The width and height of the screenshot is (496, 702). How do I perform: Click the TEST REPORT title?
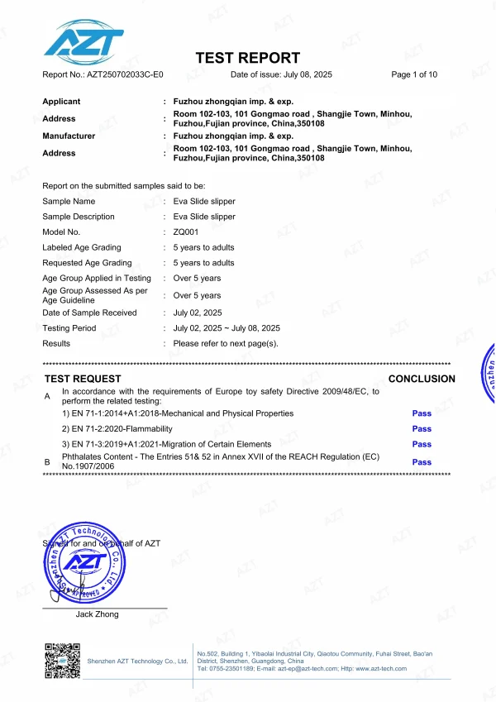point(247,58)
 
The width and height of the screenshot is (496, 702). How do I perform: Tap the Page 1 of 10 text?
point(413,75)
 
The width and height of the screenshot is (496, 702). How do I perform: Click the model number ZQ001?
point(185,232)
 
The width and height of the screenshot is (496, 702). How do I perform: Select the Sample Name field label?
point(69,202)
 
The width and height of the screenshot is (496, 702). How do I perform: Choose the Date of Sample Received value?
point(198,313)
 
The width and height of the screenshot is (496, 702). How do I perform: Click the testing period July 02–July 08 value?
point(227,328)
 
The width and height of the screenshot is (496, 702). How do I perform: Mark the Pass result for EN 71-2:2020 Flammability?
point(422,429)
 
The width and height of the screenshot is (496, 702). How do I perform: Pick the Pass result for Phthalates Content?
point(422,463)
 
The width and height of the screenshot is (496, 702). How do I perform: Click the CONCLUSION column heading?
point(422,380)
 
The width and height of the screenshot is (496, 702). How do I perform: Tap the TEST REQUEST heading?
point(83,380)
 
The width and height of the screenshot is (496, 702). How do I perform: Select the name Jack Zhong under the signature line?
point(98,614)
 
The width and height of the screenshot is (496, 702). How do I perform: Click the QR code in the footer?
point(62,661)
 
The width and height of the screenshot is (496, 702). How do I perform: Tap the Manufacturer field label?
point(69,136)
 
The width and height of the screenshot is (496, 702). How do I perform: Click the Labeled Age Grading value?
point(203,248)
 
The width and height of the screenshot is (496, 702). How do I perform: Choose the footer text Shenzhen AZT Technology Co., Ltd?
point(137,661)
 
